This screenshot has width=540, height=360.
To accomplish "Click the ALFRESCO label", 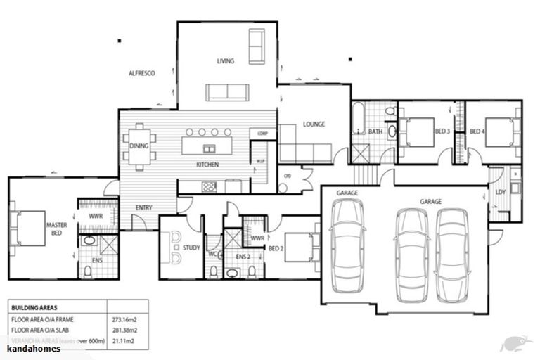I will [141, 73].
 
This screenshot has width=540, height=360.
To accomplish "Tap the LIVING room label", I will [225, 62].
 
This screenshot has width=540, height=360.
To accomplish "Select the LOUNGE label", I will [314, 124].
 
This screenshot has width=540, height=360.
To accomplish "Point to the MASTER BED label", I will [56, 229].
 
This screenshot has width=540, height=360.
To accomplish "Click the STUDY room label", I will [191, 247].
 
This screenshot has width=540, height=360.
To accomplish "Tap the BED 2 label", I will [276, 247].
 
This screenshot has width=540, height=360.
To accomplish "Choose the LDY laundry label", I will [501, 192].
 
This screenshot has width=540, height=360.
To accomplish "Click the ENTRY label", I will [144, 207].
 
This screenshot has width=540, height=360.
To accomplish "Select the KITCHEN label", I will [207, 165].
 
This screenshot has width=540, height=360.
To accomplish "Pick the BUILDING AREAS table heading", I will [34, 307].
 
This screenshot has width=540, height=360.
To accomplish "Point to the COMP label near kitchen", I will [263, 133].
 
